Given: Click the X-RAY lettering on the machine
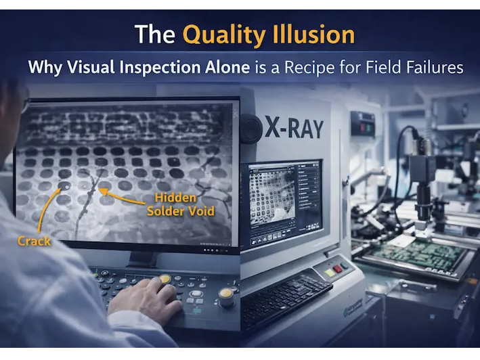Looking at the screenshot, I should coord(294,129).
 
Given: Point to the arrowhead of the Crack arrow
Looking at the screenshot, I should coord(63,187).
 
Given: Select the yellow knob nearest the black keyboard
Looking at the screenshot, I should coord(226,296).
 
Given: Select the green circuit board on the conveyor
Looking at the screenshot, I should coord(423,254).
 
